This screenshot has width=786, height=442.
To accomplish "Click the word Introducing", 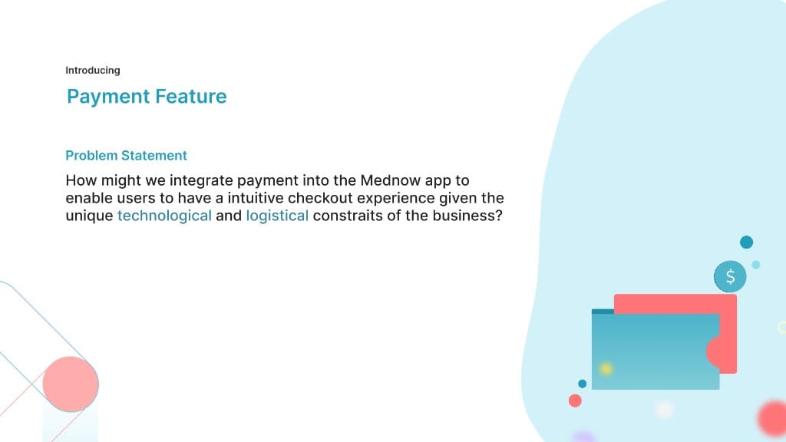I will coord(92,71).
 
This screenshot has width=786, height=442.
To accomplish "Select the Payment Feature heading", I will coord(147,97).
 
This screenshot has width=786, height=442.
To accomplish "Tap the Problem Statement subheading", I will coord(126,156).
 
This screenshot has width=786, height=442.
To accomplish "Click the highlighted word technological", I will coord(164,216).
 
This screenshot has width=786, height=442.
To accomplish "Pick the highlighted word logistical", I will coord(277,216).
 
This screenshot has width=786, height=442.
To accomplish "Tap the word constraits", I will coord(346,216).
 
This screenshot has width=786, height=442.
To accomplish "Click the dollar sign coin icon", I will coord(730,276).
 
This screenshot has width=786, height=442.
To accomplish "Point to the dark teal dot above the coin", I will coord(746,242).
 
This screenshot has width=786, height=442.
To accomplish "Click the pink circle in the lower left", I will coord(71,384).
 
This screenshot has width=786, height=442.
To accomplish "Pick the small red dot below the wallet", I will coord(575,401).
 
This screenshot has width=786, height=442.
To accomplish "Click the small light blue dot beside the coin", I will coord(756,265).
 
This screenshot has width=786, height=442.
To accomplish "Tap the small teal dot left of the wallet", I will coord(582,384).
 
